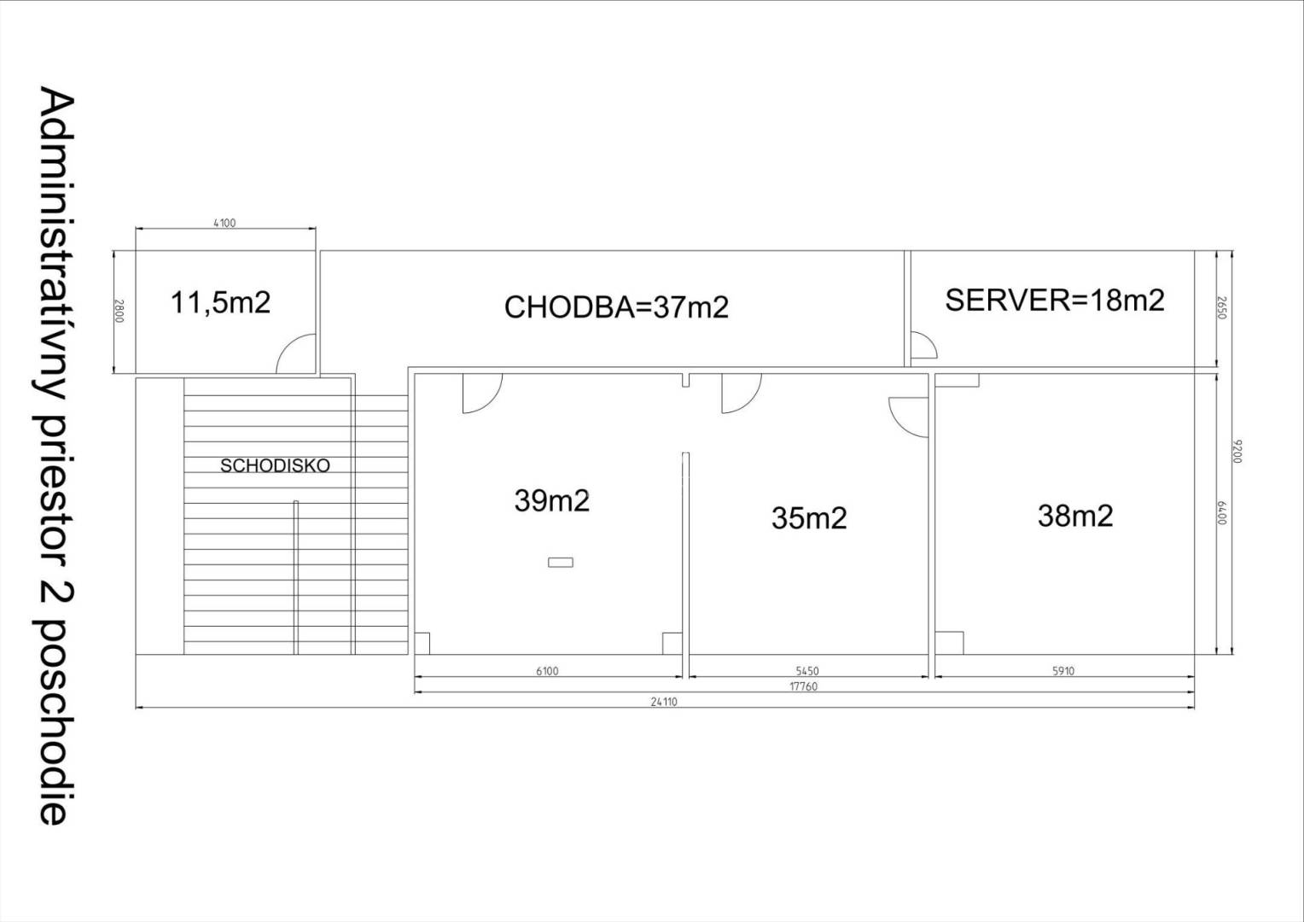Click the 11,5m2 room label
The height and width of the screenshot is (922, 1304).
tap(221, 302)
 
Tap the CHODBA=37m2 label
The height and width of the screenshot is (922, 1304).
tap(616, 306)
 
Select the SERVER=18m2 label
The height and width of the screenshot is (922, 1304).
tap(1054, 300)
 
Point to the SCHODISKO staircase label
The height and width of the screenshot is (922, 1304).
tap(275, 466)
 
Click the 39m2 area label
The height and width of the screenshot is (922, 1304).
tap(551, 500)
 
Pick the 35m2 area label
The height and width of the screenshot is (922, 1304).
tap(809, 517)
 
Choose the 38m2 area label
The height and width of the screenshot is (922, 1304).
tap(1075, 516)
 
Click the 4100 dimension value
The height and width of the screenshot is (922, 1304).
tap(224, 223)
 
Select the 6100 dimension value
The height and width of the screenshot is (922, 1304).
tap(547, 671)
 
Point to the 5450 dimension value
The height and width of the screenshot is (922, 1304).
tap(806, 671)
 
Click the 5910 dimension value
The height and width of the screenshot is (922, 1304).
tap(1062, 671)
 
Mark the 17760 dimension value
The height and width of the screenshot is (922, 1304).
tap(803, 686)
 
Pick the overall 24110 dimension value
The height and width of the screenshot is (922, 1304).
tap(663, 702)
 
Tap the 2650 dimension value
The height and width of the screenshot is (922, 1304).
tap(1221, 308)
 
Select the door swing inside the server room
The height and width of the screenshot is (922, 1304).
tap(923, 346)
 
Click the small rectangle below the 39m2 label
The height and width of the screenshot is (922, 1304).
tap(561, 562)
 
